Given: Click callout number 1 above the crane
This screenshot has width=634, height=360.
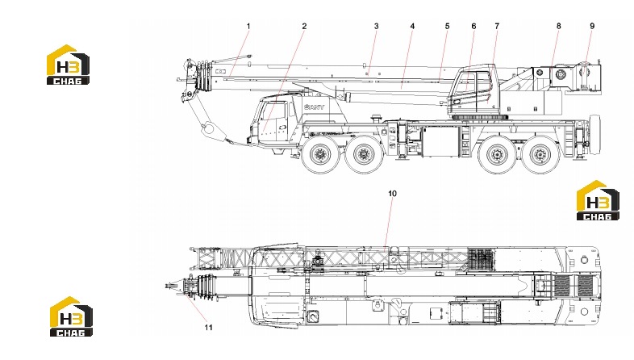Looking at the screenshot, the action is (248, 27).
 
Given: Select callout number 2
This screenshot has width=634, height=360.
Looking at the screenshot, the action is (304, 27).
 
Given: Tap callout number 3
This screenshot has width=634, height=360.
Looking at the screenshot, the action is (376, 27).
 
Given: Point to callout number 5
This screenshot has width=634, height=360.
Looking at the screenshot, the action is (447, 27).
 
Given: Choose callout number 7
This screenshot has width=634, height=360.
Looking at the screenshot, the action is (497, 27).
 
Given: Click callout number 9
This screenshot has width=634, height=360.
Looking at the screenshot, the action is (592, 27).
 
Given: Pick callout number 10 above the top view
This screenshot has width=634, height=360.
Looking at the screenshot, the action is (392, 194).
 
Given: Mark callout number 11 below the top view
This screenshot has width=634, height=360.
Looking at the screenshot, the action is (208, 327).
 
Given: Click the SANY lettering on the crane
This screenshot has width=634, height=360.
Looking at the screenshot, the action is (314, 107).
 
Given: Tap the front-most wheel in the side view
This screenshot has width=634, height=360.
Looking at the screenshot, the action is (320, 154).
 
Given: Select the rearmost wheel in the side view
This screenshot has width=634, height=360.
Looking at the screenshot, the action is (539, 154).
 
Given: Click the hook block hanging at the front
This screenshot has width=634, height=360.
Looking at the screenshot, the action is (209, 128).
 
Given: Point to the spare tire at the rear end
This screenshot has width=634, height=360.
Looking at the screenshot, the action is (595, 135).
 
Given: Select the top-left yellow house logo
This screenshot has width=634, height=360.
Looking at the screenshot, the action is (68, 65).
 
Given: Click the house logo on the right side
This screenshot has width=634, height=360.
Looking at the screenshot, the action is (598, 200).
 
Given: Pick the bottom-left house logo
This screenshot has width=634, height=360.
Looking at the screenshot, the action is (71, 316).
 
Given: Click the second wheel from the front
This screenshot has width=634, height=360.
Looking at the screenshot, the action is (364, 154).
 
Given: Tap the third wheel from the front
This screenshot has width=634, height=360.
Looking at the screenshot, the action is (497, 154).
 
